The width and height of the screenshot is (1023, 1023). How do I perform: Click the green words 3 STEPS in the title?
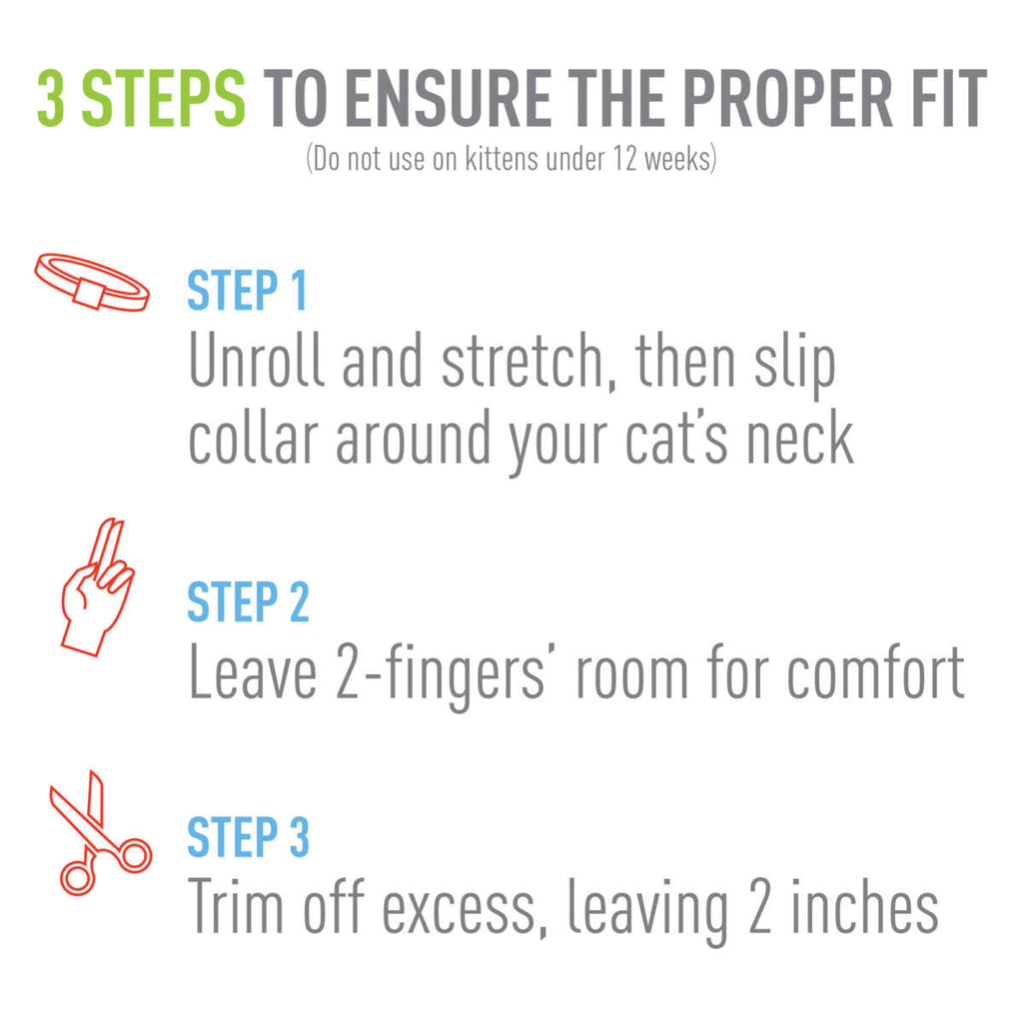pyautogui.click(x=141, y=99)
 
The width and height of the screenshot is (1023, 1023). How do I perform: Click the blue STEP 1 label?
pyautogui.click(x=247, y=291)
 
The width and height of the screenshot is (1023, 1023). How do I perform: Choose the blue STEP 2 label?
pyautogui.click(x=248, y=601)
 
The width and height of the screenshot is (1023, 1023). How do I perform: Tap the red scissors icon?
pyautogui.click(x=97, y=832)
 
